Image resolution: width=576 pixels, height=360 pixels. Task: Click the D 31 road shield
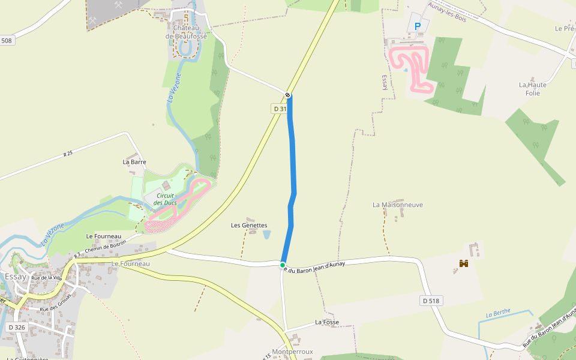coord(280,109)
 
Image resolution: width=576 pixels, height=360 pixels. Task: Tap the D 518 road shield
coord(432,301)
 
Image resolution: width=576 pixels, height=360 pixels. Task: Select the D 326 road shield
coord(17,328)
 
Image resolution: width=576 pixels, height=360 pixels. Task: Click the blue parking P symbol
coord(418,26)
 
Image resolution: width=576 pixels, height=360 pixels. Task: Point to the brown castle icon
coord(463,263)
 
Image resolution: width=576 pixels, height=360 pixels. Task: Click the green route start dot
coord(283,265)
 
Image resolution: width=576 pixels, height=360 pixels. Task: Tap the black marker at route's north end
coord(288,95)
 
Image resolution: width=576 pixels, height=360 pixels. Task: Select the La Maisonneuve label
coord(398,205)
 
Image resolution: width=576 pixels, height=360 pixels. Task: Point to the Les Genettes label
coord(249,225)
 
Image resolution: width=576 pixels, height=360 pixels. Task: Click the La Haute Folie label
coord(533,89)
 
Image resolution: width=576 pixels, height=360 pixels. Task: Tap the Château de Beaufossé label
coord(186,32)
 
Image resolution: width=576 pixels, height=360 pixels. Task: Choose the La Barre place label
coord(134,162)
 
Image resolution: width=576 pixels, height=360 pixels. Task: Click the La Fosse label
coord(327,322)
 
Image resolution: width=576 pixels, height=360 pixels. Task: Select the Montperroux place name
coord(292,352)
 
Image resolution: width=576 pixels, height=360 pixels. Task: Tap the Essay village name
coord(15,277)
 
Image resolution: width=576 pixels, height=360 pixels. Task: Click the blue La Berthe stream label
coord(498,313)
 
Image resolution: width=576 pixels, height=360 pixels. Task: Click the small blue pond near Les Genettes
coord(266,235)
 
